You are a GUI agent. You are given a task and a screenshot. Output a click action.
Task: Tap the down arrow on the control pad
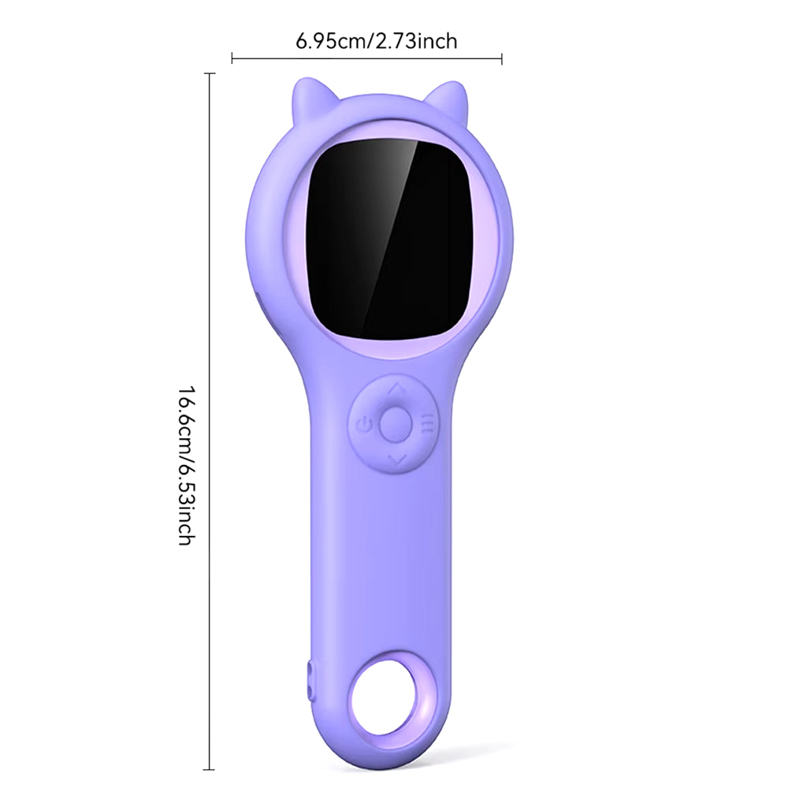click(396, 459)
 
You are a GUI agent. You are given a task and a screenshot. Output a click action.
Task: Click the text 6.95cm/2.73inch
click(376, 41)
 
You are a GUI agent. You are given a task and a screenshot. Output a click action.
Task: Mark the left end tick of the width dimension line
click(232, 57)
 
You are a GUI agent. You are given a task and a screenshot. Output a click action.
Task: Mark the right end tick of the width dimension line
click(502, 57)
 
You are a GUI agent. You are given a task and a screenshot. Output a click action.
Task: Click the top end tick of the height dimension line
click(210, 73)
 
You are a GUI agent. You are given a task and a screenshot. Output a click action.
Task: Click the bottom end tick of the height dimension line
click(210, 769)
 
